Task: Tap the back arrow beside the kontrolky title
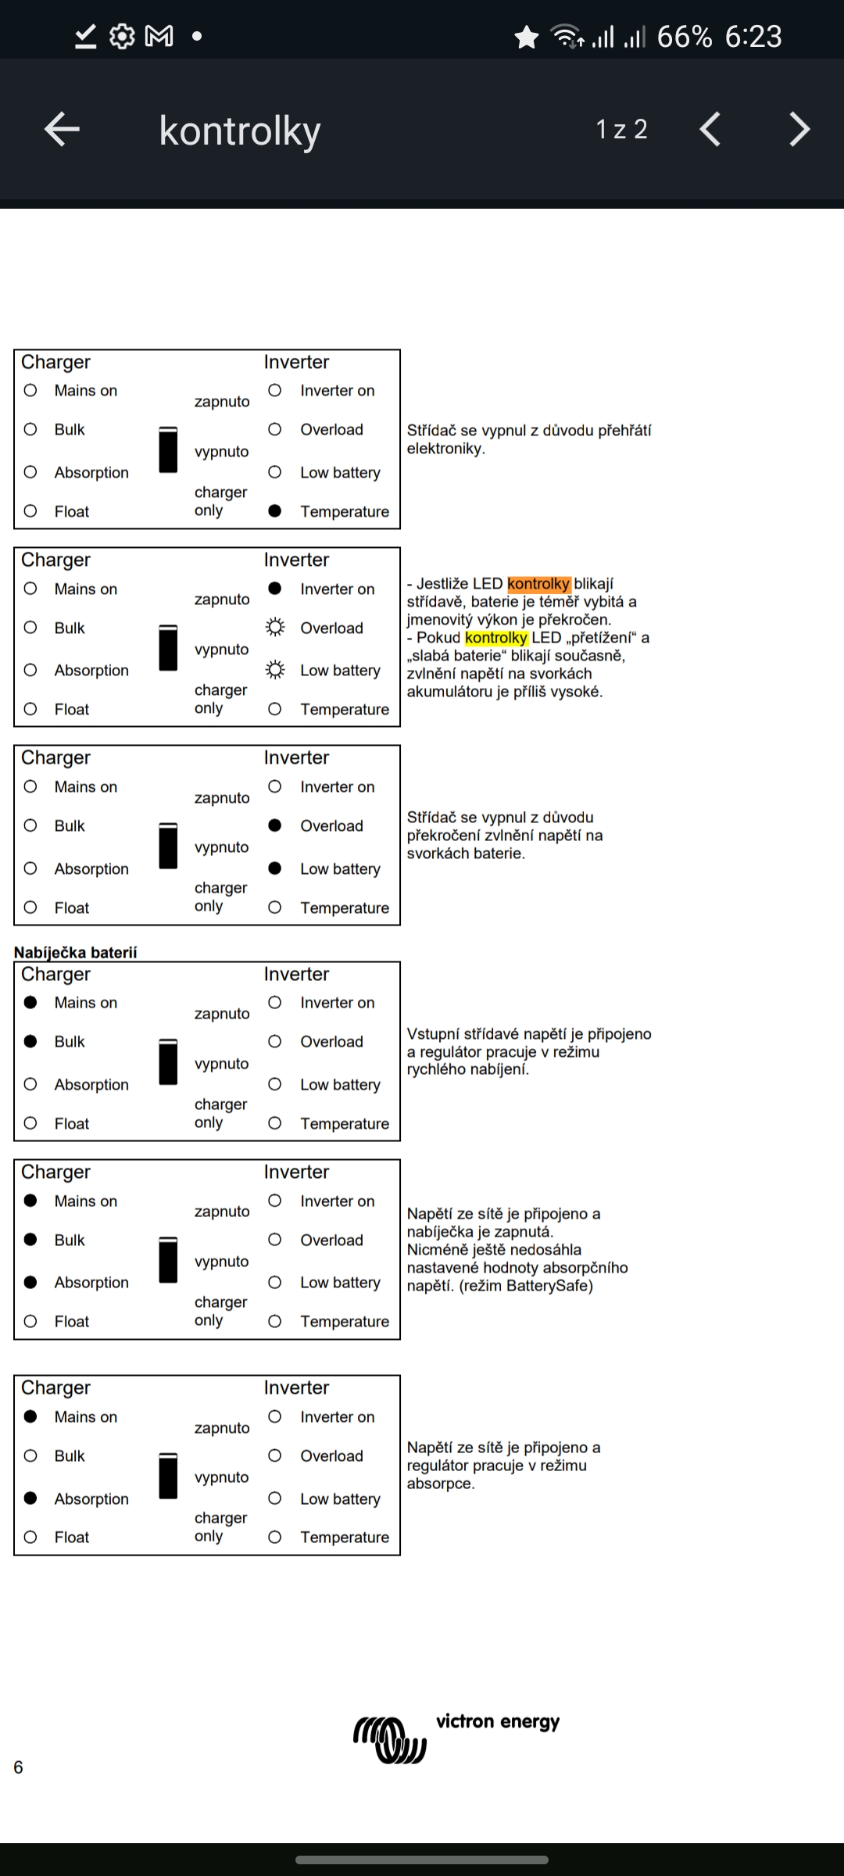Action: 63,129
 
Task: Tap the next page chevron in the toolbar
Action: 799,129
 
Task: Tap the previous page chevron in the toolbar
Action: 710,129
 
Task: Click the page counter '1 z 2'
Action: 621,129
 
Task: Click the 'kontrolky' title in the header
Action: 240,131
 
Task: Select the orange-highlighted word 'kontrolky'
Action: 538,584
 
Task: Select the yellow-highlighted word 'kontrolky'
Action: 496,638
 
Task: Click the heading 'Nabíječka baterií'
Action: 76,952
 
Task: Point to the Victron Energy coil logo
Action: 390,1740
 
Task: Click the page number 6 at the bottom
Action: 19,1767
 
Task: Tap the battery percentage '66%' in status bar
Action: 684,37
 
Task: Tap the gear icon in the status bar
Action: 122,36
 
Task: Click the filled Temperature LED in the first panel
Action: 275,511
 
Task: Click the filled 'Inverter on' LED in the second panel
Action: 275,589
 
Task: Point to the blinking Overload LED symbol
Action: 275,628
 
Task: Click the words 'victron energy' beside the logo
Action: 498,1722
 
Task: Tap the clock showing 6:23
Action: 753,37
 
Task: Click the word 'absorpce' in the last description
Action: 439,1484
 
